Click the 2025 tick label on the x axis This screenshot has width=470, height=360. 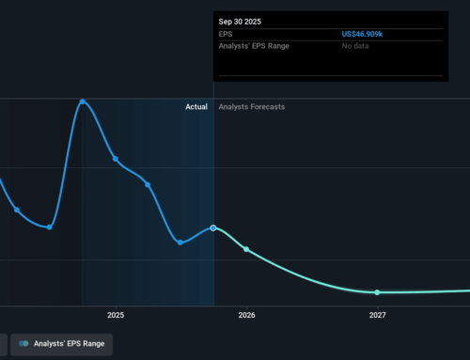point(116,316)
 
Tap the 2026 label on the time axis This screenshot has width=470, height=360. point(246,316)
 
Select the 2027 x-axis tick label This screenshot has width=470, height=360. point(377,316)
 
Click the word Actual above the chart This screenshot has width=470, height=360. point(196,107)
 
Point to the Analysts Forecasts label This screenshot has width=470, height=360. point(251,107)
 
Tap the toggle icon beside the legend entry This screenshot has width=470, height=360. point(23,344)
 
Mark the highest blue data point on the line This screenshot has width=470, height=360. point(83,102)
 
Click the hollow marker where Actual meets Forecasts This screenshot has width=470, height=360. point(213,227)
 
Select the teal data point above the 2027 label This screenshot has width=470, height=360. point(377,292)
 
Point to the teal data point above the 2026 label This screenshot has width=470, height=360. point(246,249)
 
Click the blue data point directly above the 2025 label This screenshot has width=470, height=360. point(116,159)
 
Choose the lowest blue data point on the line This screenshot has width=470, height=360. point(180,242)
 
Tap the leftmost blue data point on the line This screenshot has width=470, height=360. point(17,210)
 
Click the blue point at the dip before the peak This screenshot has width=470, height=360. point(50,227)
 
